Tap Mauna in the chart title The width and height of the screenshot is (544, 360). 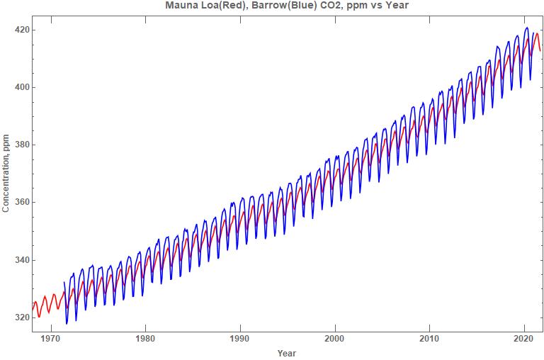point(182,6)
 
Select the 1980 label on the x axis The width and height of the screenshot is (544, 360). point(145,338)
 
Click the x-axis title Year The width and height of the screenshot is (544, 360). point(287,353)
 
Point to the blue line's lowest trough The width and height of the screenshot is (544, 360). point(67,324)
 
